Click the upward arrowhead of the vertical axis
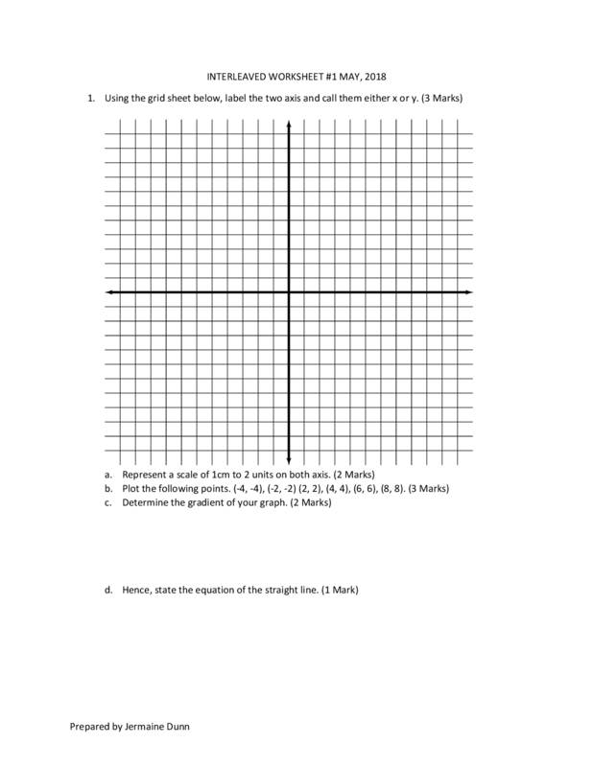click(x=290, y=123)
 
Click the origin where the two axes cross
click(x=290, y=291)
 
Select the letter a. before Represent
click(x=109, y=475)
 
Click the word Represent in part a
click(x=145, y=475)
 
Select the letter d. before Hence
click(x=109, y=590)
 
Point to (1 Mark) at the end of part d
click(x=340, y=590)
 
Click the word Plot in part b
click(x=131, y=488)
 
